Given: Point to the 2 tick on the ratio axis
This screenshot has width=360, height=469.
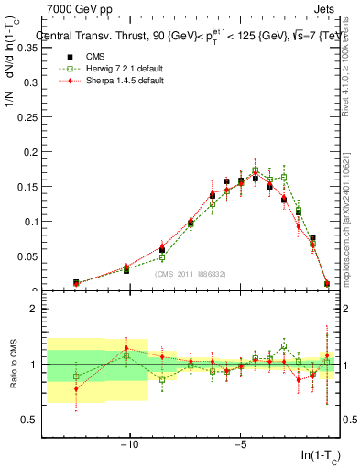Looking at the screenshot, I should [34, 309].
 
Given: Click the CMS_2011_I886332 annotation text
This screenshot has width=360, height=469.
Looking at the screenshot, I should [191, 274].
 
